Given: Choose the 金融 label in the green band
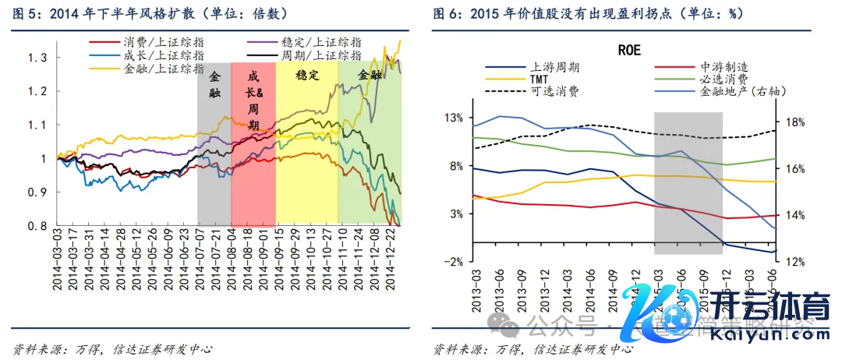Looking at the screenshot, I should click(x=370, y=76).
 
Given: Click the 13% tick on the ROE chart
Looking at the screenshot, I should click(x=453, y=118).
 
